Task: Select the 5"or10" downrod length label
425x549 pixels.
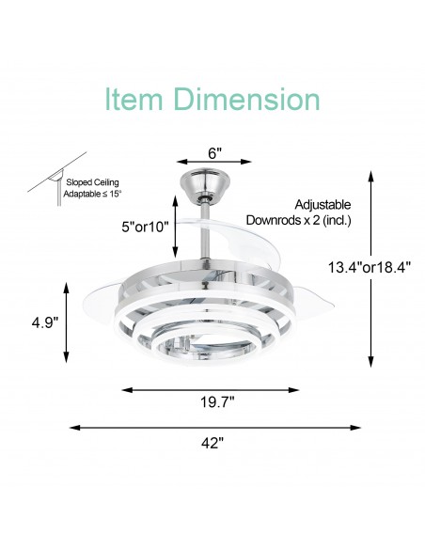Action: [x=143, y=227]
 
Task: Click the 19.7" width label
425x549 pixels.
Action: [x=216, y=402]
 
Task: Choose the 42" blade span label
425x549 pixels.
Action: [x=215, y=443]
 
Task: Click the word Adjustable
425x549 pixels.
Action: [x=323, y=204]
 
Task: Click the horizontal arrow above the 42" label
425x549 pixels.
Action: [x=215, y=428]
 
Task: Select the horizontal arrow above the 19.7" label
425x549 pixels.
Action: [x=215, y=388]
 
